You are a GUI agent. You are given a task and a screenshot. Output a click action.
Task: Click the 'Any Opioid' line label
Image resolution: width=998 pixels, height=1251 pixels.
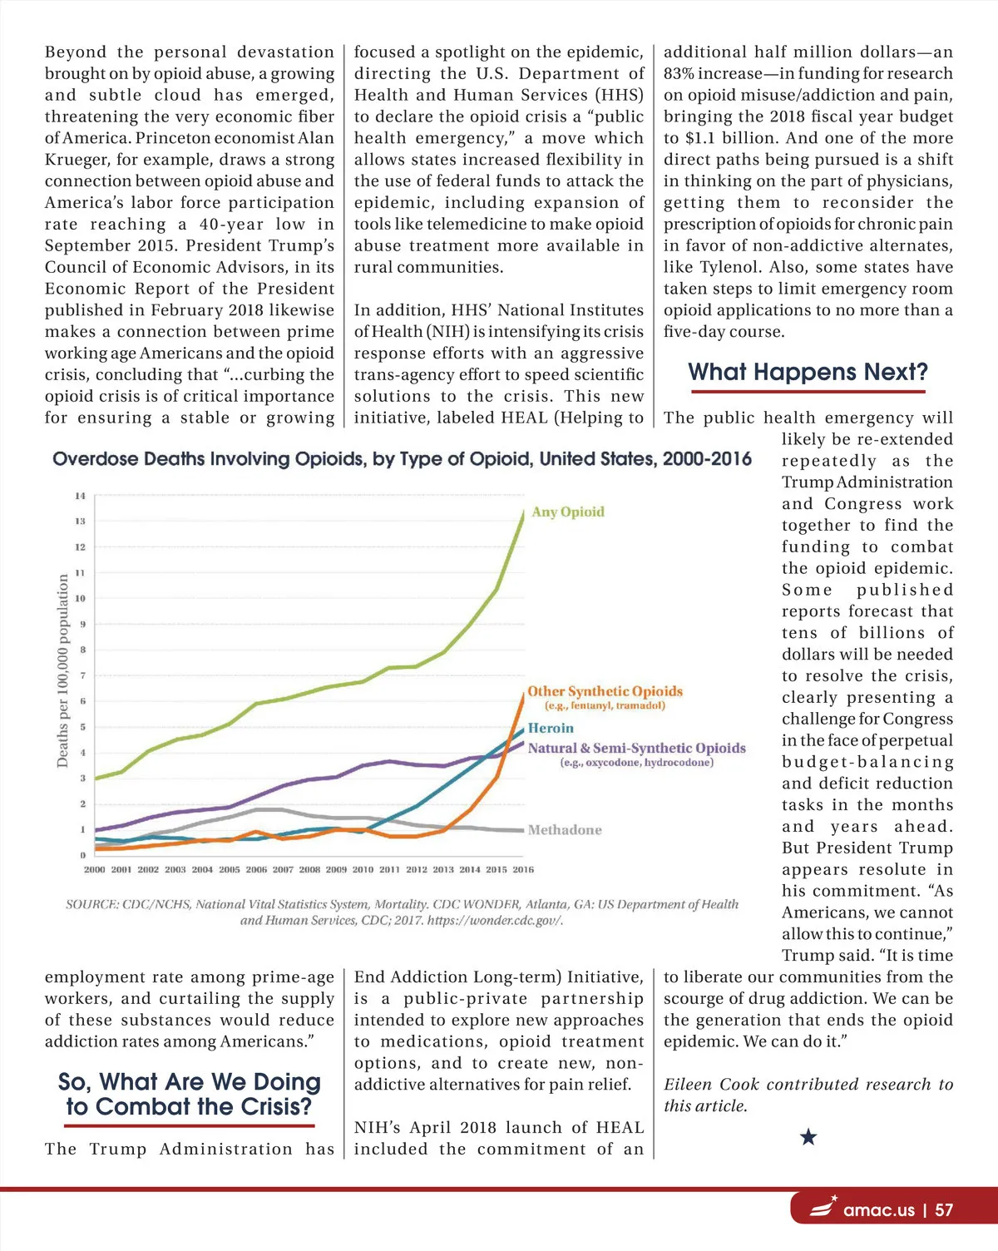click(x=568, y=512)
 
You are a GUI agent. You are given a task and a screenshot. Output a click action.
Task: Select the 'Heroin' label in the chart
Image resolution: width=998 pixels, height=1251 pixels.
click(x=551, y=728)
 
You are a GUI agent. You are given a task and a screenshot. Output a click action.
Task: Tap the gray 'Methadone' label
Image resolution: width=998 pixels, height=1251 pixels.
click(x=565, y=829)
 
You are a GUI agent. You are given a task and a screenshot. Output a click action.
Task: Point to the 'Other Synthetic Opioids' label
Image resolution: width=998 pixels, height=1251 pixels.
click(x=605, y=691)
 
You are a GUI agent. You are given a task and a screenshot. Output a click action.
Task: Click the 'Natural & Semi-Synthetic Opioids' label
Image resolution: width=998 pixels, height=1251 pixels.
click(x=636, y=748)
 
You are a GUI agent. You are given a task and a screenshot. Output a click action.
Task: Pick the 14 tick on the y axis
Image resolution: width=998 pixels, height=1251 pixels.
click(x=80, y=496)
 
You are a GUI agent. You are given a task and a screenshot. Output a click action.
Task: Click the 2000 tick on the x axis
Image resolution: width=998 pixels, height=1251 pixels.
click(x=95, y=869)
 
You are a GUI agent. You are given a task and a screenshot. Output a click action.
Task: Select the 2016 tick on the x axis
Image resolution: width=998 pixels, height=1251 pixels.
click(x=523, y=869)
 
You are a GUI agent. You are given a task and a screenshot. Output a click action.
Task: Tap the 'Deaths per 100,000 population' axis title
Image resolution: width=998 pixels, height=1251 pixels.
click(x=62, y=670)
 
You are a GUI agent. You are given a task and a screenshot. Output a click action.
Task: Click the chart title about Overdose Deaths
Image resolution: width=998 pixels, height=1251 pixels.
click(x=402, y=458)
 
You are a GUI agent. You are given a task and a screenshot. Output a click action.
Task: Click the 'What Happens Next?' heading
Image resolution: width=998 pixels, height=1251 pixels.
click(x=808, y=372)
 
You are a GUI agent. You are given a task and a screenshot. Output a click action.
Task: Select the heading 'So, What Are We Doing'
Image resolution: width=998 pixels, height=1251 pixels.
click(x=189, y=1081)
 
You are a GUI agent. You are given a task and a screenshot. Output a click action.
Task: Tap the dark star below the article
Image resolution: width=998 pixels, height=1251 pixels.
click(x=808, y=1136)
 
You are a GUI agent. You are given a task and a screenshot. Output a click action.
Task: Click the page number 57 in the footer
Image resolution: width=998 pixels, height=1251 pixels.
click(x=944, y=1210)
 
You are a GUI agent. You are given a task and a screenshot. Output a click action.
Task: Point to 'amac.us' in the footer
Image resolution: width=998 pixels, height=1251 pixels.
click(x=878, y=1210)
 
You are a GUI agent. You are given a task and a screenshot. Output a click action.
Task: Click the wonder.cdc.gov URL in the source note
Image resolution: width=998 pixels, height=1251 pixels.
click(x=494, y=921)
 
